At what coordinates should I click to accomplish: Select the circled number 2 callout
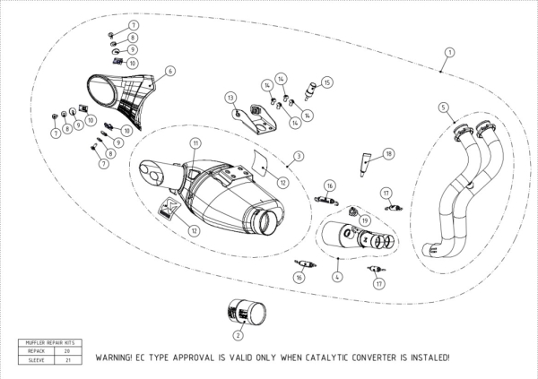tap(238, 336)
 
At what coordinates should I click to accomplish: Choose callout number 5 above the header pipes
tap(443, 108)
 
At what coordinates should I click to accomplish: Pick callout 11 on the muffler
tap(195, 143)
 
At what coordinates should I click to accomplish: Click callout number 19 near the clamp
tap(364, 220)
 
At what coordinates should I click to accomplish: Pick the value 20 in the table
tap(67, 351)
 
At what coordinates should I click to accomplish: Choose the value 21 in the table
tap(67, 359)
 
